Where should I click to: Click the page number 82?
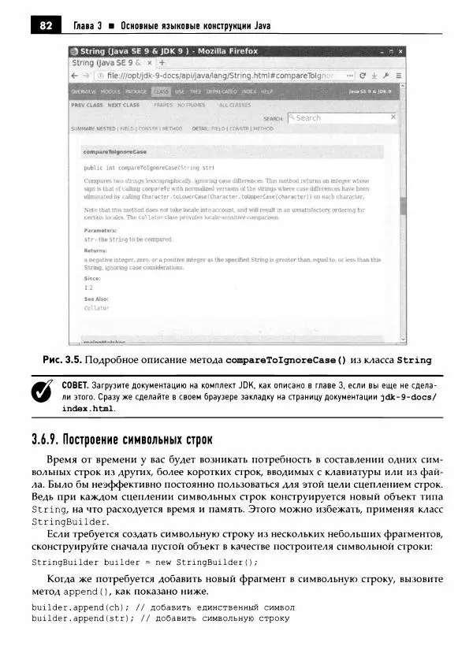(45, 25)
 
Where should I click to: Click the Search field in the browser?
(341, 117)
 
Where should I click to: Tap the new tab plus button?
(161, 62)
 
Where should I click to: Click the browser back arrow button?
(75, 76)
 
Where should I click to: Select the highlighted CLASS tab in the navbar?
(161, 91)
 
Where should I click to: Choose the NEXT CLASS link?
(124, 104)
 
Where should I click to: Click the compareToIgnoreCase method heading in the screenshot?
(115, 151)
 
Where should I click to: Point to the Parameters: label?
(100, 230)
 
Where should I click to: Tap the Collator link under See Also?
(96, 308)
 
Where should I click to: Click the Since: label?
(92, 278)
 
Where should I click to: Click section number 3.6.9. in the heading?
(47, 438)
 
